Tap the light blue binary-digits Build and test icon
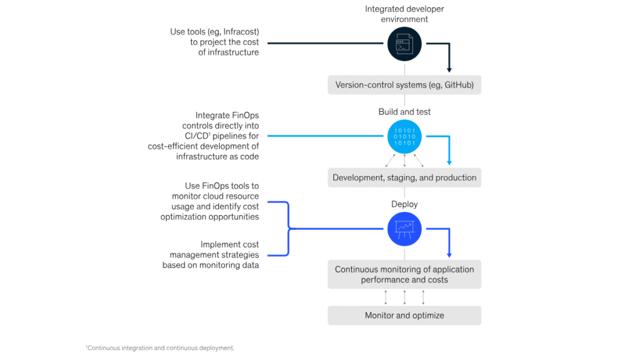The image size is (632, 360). [404, 136]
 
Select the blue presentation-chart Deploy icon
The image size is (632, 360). [404, 229]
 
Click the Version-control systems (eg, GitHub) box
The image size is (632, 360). [404, 85]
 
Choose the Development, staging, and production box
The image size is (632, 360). [404, 178]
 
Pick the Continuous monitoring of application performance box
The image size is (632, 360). [404, 275]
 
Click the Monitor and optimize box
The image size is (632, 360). [404, 316]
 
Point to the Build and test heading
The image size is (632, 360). [404, 112]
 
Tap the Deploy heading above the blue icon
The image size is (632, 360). [404, 204]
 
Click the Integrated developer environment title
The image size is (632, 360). [404, 14]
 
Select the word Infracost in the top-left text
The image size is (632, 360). [238, 31]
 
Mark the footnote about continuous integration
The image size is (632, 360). [160, 348]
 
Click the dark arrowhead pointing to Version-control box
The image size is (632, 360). [449, 70]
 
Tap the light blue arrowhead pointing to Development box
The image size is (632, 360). [449, 162]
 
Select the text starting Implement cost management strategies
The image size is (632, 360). [211, 255]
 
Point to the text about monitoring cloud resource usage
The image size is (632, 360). [210, 201]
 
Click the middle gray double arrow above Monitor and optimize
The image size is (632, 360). [404, 297]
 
